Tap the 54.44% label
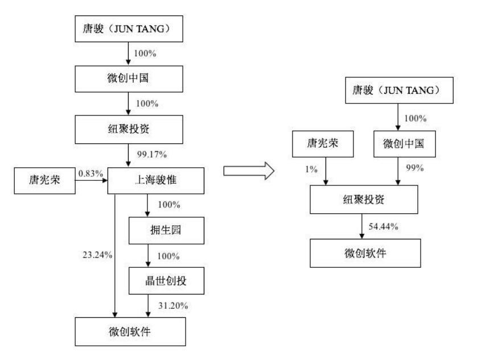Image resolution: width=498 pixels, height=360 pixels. (383, 226)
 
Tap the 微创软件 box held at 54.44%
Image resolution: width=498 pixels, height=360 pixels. (365, 253)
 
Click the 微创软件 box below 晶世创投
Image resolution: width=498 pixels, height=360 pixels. (131, 332)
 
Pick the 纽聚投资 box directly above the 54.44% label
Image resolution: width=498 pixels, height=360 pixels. (365, 200)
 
